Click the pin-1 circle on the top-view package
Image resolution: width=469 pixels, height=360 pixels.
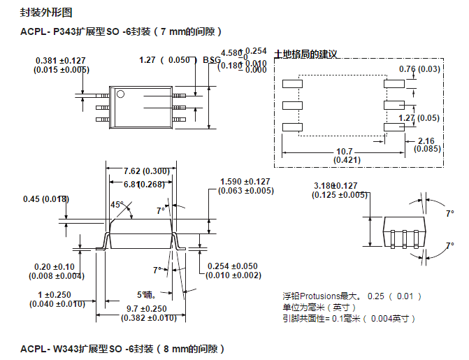(120, 94)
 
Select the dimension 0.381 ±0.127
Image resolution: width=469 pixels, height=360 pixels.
(62, 60)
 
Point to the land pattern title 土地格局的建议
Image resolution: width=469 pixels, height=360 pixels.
(305, 55)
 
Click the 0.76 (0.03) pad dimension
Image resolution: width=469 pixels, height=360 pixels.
(419, 69)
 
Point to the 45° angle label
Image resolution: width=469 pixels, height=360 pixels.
(117, 205)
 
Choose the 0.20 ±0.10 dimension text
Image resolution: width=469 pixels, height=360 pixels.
(55, 267)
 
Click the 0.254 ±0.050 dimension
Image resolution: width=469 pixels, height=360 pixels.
(233, 266)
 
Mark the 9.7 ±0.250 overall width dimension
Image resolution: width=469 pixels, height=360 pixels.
(146, 309)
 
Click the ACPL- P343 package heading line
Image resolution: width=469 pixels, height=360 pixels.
(122, 31)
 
